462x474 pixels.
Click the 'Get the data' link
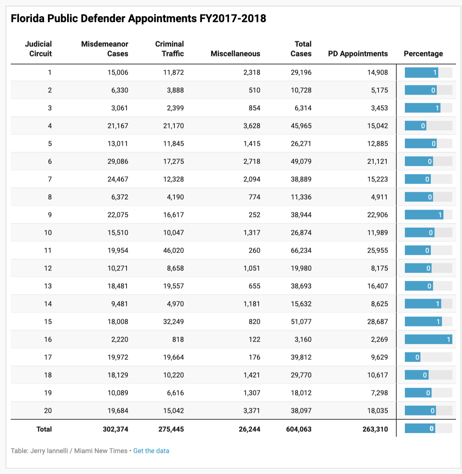151,451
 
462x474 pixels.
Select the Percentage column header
423,54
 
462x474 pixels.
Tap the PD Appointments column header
358,54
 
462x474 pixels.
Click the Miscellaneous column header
235,54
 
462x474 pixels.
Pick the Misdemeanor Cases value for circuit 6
118,161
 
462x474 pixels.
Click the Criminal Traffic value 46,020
173,250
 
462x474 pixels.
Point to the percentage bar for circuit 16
428,339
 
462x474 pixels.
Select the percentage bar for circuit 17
413,357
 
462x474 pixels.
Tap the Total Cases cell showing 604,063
299,429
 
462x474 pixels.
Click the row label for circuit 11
48,250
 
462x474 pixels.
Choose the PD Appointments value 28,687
377,322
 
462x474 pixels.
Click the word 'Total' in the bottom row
44,429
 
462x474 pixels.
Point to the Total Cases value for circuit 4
301,126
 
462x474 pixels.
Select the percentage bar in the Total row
420,428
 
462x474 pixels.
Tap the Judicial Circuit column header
39,49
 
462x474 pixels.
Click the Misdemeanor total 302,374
115,429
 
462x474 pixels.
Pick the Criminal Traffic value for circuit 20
173,411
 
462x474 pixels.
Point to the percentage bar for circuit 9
424,215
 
